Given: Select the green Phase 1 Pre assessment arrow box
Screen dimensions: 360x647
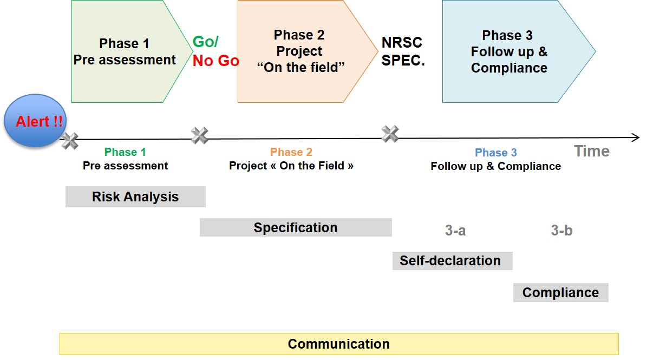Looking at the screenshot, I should click(x=125, y=51).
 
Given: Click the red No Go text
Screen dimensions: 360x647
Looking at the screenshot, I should click(x=215, y=61).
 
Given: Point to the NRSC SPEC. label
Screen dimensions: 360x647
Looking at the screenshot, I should click(x=403, y=51).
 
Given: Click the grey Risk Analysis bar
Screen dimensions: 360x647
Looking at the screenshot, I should click(x=135, y=197).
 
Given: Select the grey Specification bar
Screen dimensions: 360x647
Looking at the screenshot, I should click(x=296, y=227).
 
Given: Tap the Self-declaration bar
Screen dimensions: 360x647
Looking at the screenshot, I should click(x=452, y=260).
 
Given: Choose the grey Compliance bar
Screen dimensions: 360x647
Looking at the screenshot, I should click(x=560, y=292).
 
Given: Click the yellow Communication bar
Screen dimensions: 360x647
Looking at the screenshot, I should click(x=338, y=344).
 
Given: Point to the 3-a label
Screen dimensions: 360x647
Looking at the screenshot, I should click(x=455, y=231).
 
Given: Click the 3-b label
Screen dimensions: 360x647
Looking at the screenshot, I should click(x=561, y=231).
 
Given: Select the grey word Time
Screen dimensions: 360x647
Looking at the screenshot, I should click(x=592, y=152).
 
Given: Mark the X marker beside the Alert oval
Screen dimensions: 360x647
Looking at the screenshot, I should click(x=70, y=141).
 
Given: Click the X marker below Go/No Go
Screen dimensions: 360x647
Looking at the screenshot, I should click(x=200, y=135).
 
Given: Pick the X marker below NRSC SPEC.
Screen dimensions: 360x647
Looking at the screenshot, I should click(x=390, y=134).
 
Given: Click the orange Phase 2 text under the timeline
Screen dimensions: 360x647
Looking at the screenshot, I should click(x=291, y=153).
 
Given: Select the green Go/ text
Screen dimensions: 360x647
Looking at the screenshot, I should click(x=206, y=42).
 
